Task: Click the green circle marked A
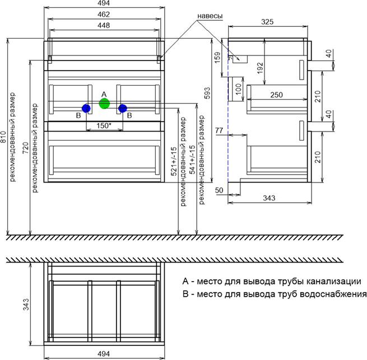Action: (x=104, y=104)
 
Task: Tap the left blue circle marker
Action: (x=86, y=108)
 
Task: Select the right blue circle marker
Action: (x=123, y=108)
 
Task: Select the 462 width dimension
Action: (x=104, y=15)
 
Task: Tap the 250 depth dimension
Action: (x=275, y=96)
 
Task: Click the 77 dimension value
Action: (x=219, y=130)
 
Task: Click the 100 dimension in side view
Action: (x=238, y=90)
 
